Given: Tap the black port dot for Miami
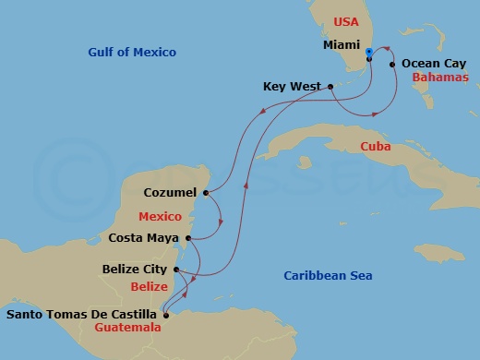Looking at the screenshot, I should pyautogui.click(x=368, y=59).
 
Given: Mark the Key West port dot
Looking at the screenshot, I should pyautogui.click(x=330, y=87).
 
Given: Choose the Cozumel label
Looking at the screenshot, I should pyautogui.click(x=170, y=193).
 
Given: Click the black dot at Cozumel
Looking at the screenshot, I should pyautogui.click(x=206, y=194).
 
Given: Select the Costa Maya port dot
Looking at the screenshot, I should pyautogui.click(x=189, y=237).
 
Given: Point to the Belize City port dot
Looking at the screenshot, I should pyautogui.click(x=175, y=270).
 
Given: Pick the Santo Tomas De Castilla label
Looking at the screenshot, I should pyautogui.click(x=81, y=315).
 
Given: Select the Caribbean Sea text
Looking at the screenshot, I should pyautogui.click(x=322, y=275).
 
